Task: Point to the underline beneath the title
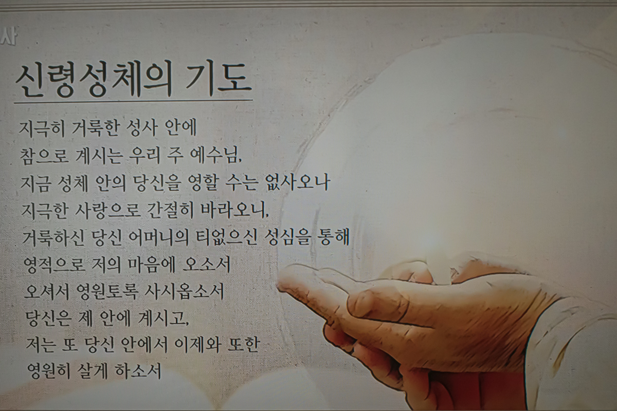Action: point(133,102)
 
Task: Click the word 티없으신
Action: point(226,237)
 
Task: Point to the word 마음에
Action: point(152,265)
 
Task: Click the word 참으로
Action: point(44,156)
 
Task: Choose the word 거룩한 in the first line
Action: point(95,128)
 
